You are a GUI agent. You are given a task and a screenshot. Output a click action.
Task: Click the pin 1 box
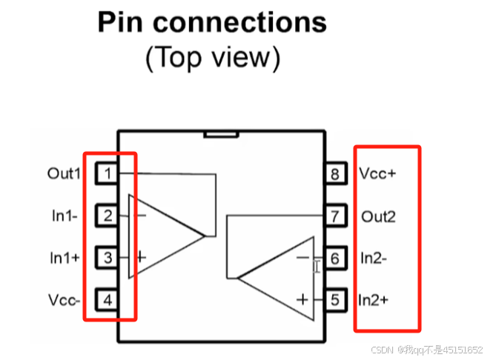point(108,173)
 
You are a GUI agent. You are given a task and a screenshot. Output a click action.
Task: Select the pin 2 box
point(108,216)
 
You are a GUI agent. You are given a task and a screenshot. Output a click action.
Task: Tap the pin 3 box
point(108,258)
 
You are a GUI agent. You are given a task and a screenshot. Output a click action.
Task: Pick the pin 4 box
point(108,300)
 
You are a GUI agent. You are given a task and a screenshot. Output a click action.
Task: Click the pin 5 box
point(335,300)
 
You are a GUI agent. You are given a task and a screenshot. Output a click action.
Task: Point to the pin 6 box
point(335,259)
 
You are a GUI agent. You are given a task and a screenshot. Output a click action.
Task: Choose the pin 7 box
point(335,216)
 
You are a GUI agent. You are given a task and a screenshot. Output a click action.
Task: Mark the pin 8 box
point(335,174)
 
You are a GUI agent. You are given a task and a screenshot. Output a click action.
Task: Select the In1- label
point(65,216)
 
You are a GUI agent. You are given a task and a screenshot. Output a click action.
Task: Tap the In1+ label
point(65,258)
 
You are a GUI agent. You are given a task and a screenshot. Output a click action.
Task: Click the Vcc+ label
point(378,174)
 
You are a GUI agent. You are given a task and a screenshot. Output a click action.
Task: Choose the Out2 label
point(378,216)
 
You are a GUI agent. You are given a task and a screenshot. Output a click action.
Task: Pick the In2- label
point(375,259)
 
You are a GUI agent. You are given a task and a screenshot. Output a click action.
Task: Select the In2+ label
point(375,300)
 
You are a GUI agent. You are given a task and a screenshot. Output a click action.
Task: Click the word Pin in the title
point(122,23)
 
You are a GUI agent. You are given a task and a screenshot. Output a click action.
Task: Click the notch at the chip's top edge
point(222,134)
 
